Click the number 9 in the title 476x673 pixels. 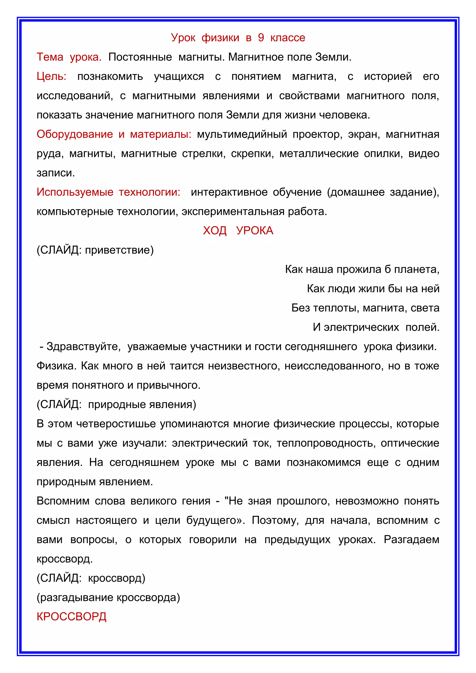261,38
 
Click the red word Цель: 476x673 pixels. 52,76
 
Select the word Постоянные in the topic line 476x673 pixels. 140,57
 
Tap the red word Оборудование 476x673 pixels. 75,134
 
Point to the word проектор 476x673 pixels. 317,134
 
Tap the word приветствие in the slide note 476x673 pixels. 119,250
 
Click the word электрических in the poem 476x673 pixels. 361,327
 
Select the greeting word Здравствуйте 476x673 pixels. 84,347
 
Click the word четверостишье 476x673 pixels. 116,424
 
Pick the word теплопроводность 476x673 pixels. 326,443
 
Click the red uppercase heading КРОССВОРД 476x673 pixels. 71,617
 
